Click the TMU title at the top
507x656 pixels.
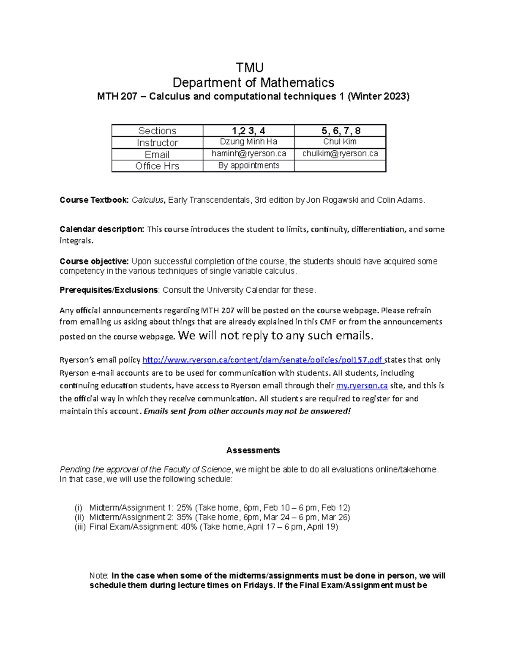tap(250, 68)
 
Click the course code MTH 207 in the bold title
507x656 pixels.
tap(117, 97)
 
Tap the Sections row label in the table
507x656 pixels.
tap(157, 131)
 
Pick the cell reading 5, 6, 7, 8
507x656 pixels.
tap(341, 131)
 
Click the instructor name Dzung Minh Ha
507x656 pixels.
tap(248, 142)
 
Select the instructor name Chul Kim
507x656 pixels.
tap(340, 142)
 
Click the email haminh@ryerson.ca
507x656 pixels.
tap(248, 154)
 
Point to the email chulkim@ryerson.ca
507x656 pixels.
tap(340, 154)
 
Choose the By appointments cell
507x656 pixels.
tap(248, 166)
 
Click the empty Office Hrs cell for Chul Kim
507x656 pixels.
tap(340, 166)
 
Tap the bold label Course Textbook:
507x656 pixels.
tap(94, 200)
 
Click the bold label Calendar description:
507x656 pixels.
tap(102, 229)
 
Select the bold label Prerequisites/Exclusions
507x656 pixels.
tap(109, 290)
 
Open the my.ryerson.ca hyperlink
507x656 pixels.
tap(362, 386)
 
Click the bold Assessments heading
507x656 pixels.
tap(253, 451)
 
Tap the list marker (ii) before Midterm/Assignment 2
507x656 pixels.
tap(79, 517)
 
